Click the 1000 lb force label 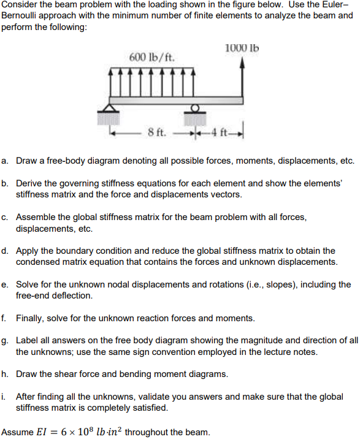(242, 48)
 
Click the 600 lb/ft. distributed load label (152, 58)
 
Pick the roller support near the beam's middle (195, 111)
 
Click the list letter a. (5, 161)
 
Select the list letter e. (5, 284)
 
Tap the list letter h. (5, 374)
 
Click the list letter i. (4, 397)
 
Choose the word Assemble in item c (36, 217)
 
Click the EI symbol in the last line (44, 432)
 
